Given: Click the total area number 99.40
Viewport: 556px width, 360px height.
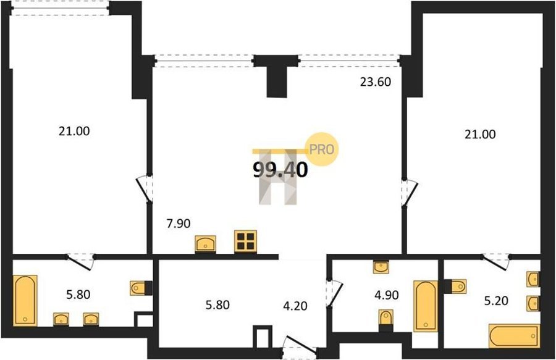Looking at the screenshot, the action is (x=280, y=170).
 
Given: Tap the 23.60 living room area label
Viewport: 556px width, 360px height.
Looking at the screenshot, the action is (x=376, y=82).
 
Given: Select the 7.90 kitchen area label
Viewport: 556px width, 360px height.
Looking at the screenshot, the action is (x=179, y=224).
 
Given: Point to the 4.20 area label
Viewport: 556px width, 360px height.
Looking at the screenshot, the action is (x=295, y=306).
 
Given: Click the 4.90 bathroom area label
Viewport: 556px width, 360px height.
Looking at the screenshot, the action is (x=387, y=295).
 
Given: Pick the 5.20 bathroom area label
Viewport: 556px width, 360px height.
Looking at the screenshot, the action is (x=497, y=301).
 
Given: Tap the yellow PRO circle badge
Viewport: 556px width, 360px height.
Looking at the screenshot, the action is (x=322, y=149).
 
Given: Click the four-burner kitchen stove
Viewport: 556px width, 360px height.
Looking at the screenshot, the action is (x=245, y=241).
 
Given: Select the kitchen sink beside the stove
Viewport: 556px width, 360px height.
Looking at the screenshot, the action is (x=206, y=244).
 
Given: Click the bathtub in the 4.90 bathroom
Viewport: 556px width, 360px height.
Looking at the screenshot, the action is (x=426, y=306).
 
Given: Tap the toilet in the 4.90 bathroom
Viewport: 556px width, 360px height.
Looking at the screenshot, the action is (x=385, y=317).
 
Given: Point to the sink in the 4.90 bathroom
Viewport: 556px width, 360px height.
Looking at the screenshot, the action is (x=381, y=267).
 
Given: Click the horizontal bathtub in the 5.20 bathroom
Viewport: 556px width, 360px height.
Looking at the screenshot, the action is (x=514, y=336).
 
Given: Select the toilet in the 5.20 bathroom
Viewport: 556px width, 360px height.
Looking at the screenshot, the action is (x=455, y=287).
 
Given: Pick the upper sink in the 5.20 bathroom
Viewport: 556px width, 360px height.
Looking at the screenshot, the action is (x=533, y=279).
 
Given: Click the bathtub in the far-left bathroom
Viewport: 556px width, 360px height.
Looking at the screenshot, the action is (x=25, y=301).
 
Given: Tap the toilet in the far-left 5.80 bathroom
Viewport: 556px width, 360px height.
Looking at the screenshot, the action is (x=141, y=288).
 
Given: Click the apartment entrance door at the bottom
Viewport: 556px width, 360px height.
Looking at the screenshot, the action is (x=300, y=345).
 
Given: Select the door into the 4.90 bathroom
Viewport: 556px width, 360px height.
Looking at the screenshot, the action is (x=334, y=293).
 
